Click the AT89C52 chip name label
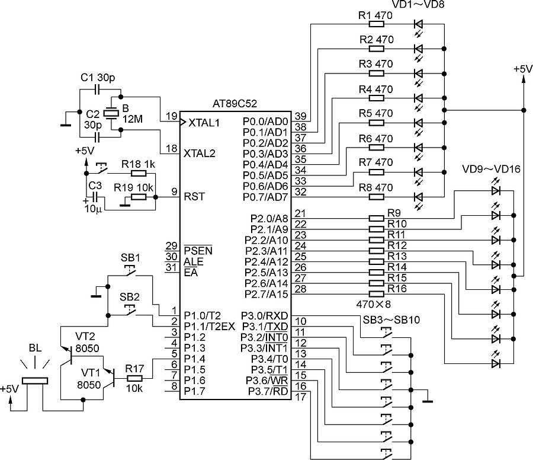pyautogui.click(x=235, y=104)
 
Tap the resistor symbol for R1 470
pyautogui.click(x=376, y=24)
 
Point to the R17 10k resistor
pyautogui.click(x=135, y=378)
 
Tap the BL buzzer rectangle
pyautogui.click(x=34, y=383)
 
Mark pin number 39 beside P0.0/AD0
pyautogui.click(x=300, y=116)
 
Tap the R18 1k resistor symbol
pyautogui.click(x=138, y=173)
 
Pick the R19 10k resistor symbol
pyautogui.click(x=138, y=196)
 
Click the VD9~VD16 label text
pyautogui.click(x=492, y=169)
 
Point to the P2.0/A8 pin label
pyautogui.click(x=269, y=219)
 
